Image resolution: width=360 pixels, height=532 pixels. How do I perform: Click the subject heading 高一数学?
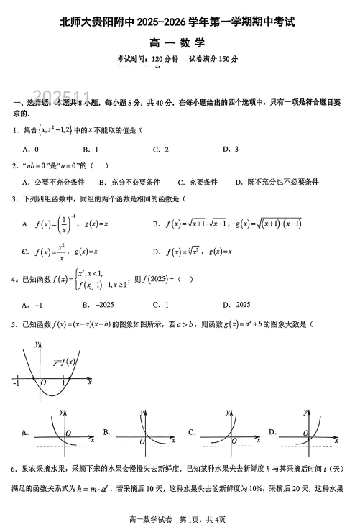click(179, 44)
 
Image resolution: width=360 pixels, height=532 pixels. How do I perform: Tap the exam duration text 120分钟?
click(155, 59)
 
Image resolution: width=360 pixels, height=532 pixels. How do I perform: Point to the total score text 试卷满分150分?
click(213, 59)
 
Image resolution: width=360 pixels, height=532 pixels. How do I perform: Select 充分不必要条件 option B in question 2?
click(129, 182)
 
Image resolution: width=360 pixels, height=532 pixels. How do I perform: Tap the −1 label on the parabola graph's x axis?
click(17, 383)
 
